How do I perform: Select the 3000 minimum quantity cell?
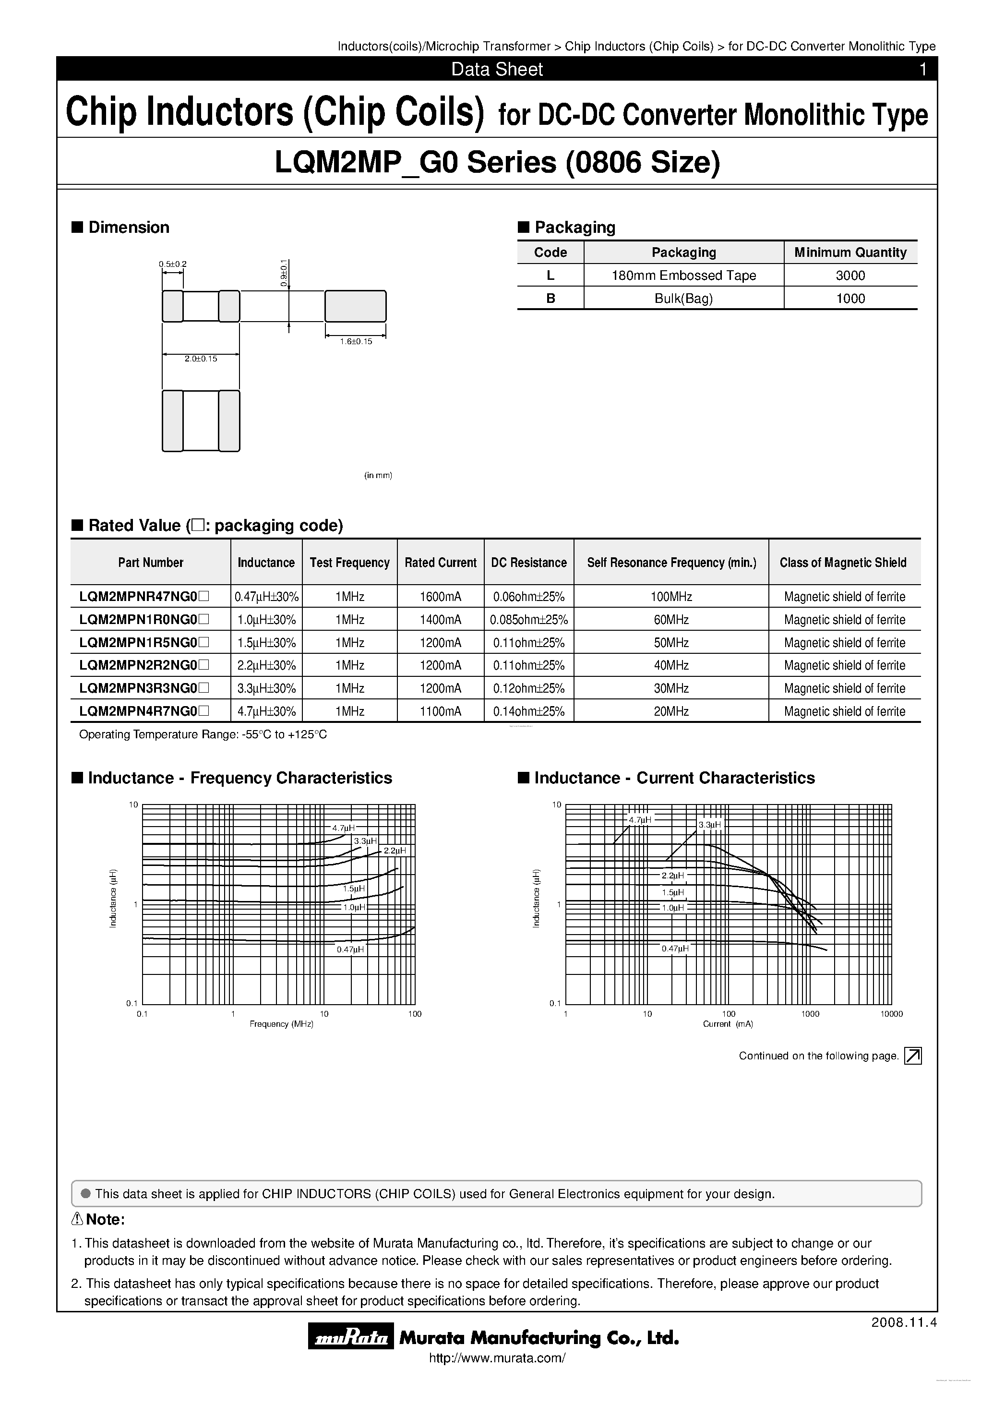(x=850, y=276)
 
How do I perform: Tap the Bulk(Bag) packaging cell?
(x=683, y=299)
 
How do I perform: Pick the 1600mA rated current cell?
(x=440, y=597)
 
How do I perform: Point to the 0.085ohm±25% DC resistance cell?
(x=528, y=620)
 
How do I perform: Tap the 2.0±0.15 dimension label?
(x=201, y=359)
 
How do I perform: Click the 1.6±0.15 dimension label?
(x=356, y=341)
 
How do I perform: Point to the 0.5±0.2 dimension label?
(x=172, y=264)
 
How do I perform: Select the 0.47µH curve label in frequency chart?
(x=350, y=949)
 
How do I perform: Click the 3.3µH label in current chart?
(x=710, y=825)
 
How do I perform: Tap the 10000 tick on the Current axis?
(x=891, y=1014)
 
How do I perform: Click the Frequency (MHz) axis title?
(x=281, y=1024)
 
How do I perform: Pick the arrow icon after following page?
(x=912, y=1056)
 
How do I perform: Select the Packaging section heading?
(x=574, y=227)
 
